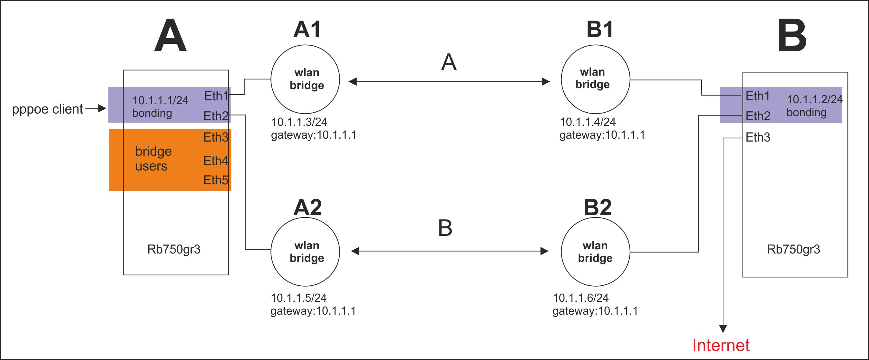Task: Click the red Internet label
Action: [x=721, y=346]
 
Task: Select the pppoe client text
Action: [x=48, y=109]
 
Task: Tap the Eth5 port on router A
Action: [x=215, y=180]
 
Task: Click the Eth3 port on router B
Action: [x=758, y=137]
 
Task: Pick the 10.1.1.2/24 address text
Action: [x=814, y=99]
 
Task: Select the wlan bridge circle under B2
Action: [x=595, y=252]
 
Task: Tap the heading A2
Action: [x=307, y=207]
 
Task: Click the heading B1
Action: [x=599, y=29]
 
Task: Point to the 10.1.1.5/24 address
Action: [x=298, y=298]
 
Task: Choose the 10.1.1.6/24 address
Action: [x=581, y=298]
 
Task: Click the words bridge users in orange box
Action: [x=153, y=159]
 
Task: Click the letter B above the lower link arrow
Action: [x=445, y=228]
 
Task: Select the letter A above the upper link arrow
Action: [x=449, y=62]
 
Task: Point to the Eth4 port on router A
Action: [x=215, y=161]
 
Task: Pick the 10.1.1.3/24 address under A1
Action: [x=299, y=122]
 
